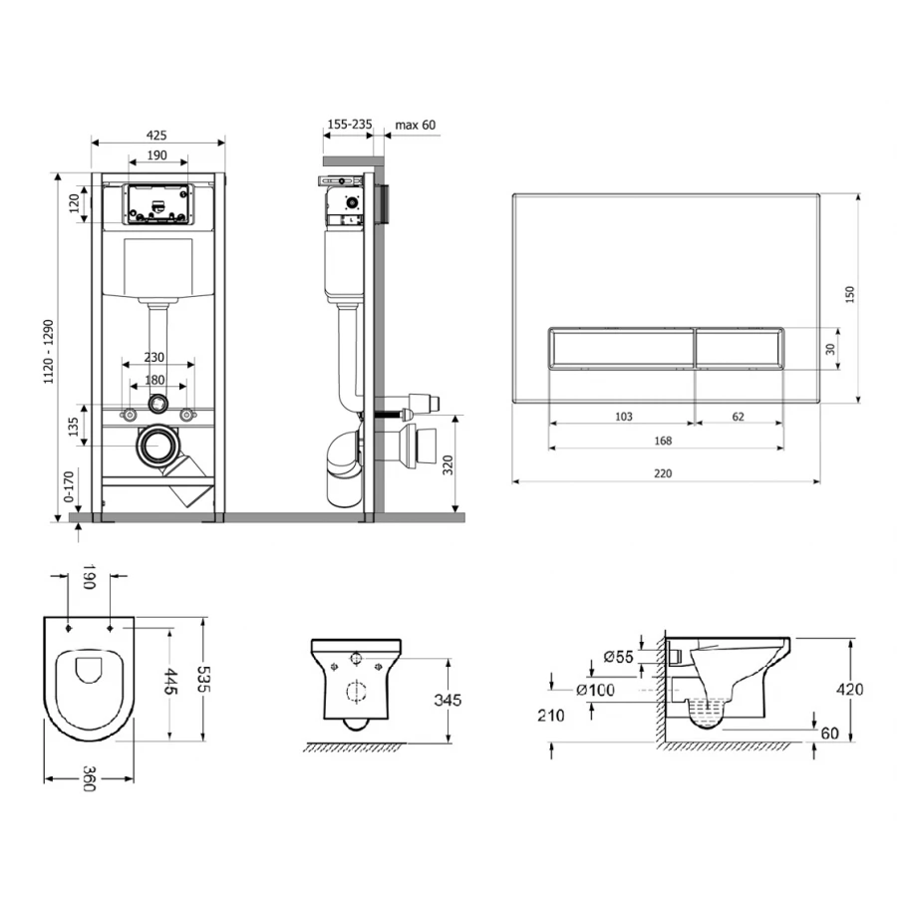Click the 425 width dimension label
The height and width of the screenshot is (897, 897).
[156, 136]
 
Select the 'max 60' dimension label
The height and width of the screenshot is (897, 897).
[416, 125]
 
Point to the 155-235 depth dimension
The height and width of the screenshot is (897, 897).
[350, 124]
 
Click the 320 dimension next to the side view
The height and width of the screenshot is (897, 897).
[448, 464]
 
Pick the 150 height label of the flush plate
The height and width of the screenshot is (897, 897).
[850, 294]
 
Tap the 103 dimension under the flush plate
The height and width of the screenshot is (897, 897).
[624, 417]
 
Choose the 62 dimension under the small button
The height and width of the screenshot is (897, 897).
[738, 417]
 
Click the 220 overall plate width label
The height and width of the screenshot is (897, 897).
[663, 473]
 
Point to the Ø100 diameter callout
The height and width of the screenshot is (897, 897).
[596, 690]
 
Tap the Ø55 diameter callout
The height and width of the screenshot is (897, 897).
[618, 657]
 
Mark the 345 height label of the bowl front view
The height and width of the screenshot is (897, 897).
[448, 700]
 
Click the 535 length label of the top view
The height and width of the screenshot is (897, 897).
[203, 679]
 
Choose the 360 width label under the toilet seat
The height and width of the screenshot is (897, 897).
[88, 778]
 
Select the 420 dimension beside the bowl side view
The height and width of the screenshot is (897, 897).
[850, 690]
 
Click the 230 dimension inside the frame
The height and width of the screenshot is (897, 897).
[153, 357]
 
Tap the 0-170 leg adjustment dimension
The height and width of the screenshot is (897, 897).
[69, 486]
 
